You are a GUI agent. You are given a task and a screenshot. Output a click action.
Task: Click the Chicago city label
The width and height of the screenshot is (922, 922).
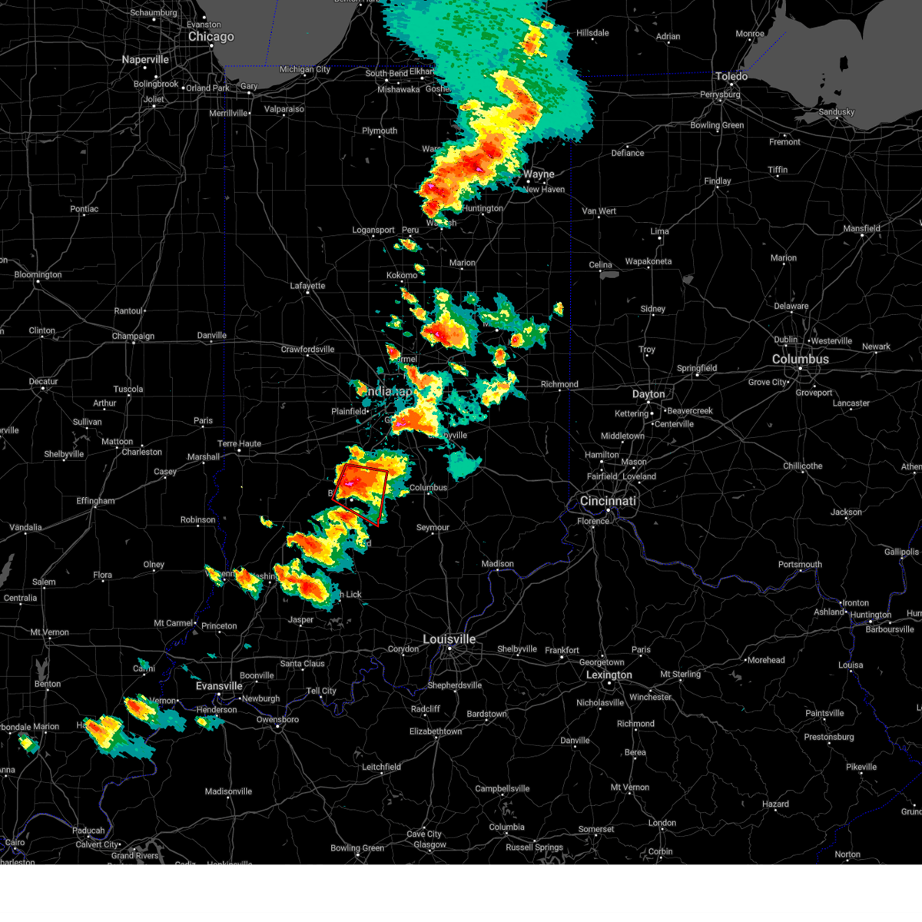click(x=211, y=37)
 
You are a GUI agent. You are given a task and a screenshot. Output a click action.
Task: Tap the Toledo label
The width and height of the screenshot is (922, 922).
click(x=731, y=76)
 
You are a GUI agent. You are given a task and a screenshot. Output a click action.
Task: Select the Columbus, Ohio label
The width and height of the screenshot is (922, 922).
click(x=800, y=359)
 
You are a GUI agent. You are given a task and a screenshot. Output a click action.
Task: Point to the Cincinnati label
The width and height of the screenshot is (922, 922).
click(x=608, y=501)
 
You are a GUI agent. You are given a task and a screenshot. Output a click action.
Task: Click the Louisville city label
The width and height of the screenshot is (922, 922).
click(x=449, y=639)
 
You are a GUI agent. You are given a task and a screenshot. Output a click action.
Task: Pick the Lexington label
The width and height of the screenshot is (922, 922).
click(x=609, y=675)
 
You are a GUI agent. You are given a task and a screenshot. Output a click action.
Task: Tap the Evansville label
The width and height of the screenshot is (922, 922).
click(x=219, y=686)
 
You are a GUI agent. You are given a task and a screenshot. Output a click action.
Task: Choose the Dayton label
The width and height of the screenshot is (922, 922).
click(x=648, y=394)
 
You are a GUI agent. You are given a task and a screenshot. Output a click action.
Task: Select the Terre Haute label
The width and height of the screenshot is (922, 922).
click(x=239, y=443)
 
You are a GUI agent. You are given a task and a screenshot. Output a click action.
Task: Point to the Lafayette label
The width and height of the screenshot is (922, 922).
click(x=307, y=286)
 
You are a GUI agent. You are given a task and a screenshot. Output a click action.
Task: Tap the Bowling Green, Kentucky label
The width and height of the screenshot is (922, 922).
click(x=357, y=848)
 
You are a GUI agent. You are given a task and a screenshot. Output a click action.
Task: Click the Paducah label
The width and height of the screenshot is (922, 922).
click(x=88, y=831)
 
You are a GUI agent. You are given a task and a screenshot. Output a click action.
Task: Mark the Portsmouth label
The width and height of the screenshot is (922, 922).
click(x=800, y=565)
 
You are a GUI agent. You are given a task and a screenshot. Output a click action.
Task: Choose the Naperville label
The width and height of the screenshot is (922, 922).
click(x=145, y=60)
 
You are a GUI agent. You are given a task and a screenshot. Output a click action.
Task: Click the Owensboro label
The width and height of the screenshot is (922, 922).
click(x=277, y=720)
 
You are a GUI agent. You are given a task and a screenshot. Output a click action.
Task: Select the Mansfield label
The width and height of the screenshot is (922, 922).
click(x=861, y=228)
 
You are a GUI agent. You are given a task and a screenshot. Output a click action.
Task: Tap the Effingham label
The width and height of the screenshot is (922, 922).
click(x=95, y=501)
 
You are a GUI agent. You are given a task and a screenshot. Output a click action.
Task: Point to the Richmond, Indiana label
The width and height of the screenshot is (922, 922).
click(x=559, y=384)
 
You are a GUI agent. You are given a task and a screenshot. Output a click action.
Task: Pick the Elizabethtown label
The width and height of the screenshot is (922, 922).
click(x=436, y=731)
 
